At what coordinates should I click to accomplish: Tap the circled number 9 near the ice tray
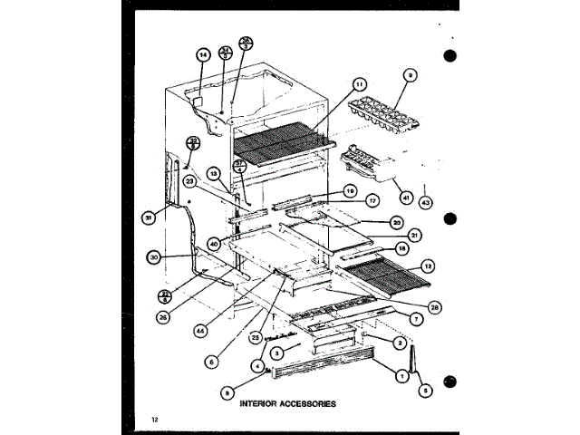pos(411,77)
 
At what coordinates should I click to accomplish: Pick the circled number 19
pos(349,190)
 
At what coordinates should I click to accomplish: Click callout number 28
pos(435,308)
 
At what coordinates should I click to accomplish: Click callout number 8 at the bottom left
pos(227,391)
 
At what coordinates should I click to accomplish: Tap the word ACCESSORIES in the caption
pos(304,404)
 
